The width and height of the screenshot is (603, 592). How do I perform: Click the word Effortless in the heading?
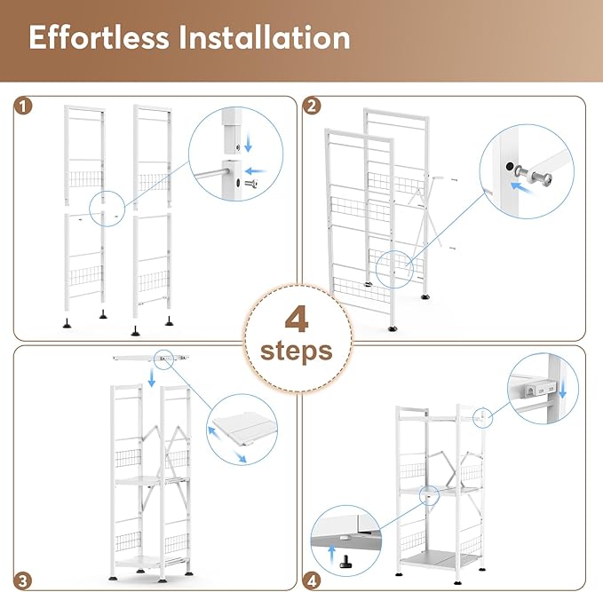(x=99, y=37)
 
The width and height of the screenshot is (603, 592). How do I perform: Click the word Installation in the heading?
(x=265, y=37)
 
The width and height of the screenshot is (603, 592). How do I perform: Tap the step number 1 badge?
(x=23, y=107)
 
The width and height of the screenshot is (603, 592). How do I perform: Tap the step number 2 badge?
(x=312, y=107)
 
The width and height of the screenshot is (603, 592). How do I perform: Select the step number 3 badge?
(x=23, y=580)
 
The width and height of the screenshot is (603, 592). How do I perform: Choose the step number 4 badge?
(x=312, y=580)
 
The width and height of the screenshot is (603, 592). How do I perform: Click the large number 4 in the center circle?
(x=297, y=320)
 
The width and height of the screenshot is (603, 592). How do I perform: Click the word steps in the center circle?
(x=296, y=351)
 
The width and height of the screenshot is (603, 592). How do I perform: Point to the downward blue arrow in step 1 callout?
(x=249, y=142)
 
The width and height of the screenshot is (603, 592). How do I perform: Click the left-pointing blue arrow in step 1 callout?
(x=256, y=170)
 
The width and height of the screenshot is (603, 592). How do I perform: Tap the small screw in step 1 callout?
(x=251, y=184)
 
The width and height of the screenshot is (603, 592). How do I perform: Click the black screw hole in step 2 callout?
(x=510, y=166)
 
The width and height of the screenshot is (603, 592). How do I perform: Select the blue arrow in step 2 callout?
(x=522, y=188)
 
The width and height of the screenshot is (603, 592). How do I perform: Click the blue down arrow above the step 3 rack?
(x=152, y=377)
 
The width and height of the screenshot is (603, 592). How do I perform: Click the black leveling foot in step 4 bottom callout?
(x=345, y=562)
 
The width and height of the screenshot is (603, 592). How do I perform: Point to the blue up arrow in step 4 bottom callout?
(x=331, y=555)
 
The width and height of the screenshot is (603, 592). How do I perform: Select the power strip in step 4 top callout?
(x=537, y=391)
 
